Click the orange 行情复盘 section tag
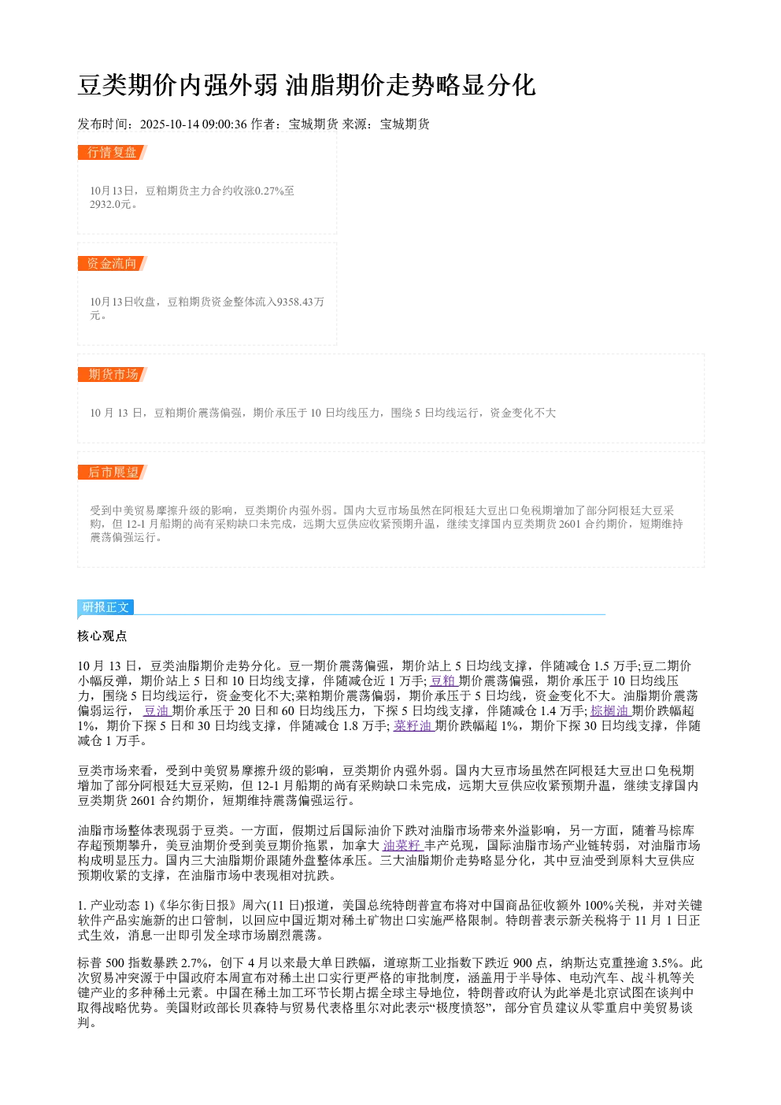[x=113, y=153]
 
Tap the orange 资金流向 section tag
[x=113, y=263]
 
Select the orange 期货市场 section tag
[x=113, y=374]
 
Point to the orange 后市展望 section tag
[x=113, y=472]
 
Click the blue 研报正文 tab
[x=105, y=607]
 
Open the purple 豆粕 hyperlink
[x=443, y=680]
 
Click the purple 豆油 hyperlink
[x=157, y=711]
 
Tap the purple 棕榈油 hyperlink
[x=610, y=711]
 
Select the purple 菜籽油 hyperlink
[x=413, y=725]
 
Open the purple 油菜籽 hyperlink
[x=403, y=846]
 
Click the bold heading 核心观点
[x=102, y=636]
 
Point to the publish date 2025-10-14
[x=169, y=124]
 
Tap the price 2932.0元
[x=110, y=204]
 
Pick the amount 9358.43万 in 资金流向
[x=301, y=302]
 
